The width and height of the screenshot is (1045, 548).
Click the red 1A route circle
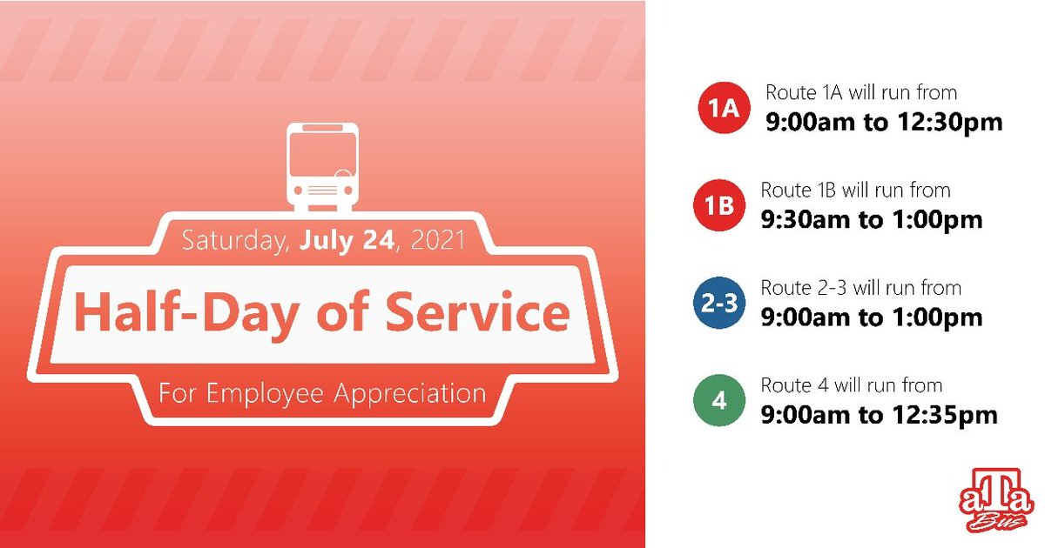(x=723, y=110)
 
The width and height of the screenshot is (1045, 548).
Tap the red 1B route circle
(x=718, y=207)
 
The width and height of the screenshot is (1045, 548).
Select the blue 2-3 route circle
(x=718, y=304)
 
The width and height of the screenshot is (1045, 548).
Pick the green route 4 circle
(x=718, y=402)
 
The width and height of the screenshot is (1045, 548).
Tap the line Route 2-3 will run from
(x=860, y=287)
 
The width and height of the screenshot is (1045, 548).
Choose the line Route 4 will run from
(x=851, y=384)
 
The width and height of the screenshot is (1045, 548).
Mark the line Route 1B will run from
(x=855, y=190)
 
